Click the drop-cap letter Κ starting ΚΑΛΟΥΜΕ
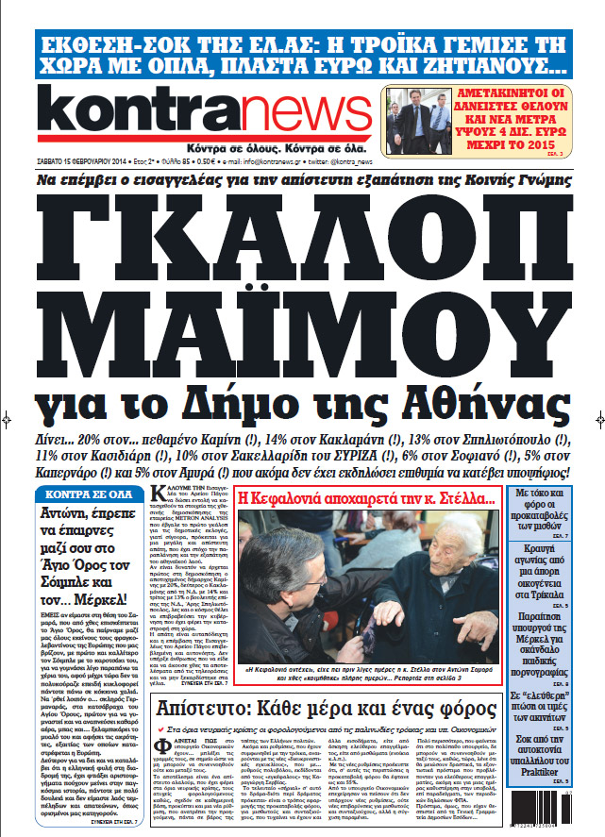[x=158, y=494]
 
